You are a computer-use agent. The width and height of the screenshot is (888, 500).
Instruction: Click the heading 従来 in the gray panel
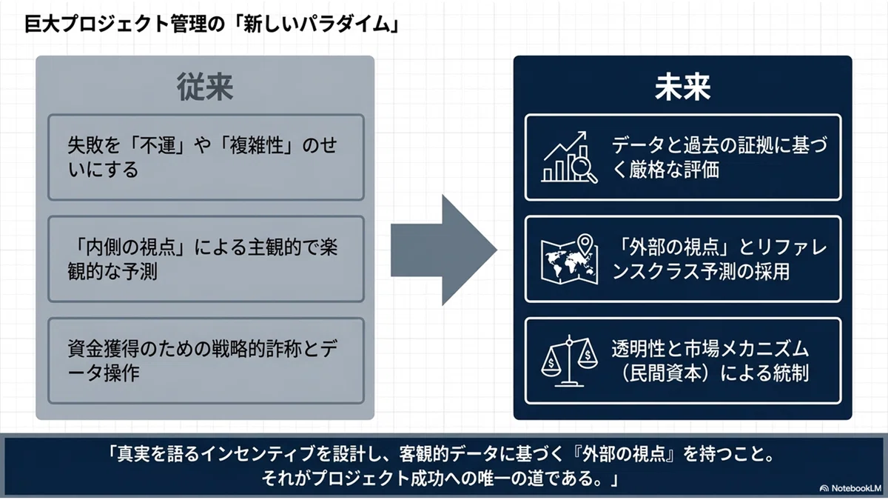205,87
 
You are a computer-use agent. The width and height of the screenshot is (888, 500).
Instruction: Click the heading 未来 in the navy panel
682,87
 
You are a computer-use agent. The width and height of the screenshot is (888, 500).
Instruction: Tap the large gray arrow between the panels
444,250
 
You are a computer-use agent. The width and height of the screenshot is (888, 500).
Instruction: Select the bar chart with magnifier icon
569,157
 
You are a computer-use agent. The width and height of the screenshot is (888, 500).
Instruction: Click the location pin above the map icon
585,243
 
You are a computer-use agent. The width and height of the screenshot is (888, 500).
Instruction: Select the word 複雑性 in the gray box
256,145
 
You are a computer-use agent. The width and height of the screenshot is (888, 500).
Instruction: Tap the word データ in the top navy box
637,145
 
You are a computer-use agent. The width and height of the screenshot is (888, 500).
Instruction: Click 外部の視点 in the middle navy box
674,247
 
